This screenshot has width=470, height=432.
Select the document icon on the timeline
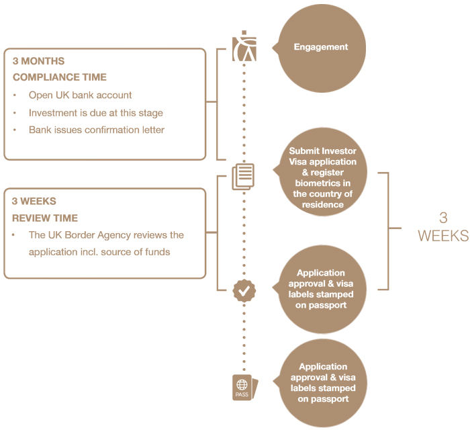(243, 176)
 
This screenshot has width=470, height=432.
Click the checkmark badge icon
(244, 290)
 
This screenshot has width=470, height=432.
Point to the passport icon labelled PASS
(243, 388)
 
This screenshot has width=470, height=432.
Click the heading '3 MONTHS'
(38, 61)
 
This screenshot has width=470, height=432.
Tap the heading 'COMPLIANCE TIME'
(59, 77)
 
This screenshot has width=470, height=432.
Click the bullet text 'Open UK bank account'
(80, 95)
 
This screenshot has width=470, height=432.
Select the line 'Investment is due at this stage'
(95, 113)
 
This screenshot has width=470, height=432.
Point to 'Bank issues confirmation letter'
(96, 130)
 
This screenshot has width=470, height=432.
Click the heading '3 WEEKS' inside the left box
(34, 201)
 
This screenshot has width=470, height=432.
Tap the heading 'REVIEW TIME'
(45, 218)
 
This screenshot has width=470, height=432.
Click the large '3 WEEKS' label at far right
(442, 227)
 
